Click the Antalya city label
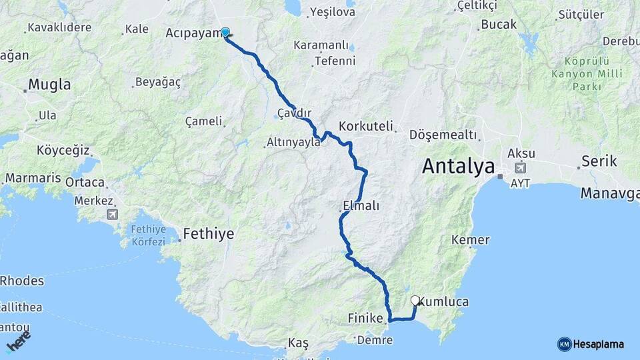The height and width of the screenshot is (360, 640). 459,166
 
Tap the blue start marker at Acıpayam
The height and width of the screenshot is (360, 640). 225,32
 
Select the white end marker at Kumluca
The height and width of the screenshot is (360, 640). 415,301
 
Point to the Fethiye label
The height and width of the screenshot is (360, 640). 209,234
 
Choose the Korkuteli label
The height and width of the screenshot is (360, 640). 367,126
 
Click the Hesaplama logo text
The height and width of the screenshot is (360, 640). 598,344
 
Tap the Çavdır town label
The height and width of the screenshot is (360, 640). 294,113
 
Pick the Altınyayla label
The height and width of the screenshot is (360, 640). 293,142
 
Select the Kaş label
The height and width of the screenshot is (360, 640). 298,343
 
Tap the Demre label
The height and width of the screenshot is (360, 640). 375,340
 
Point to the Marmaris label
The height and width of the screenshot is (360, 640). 33,179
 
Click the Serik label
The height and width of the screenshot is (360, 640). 599,161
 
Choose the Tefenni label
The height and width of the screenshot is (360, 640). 334,61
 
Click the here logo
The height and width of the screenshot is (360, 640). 18,342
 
